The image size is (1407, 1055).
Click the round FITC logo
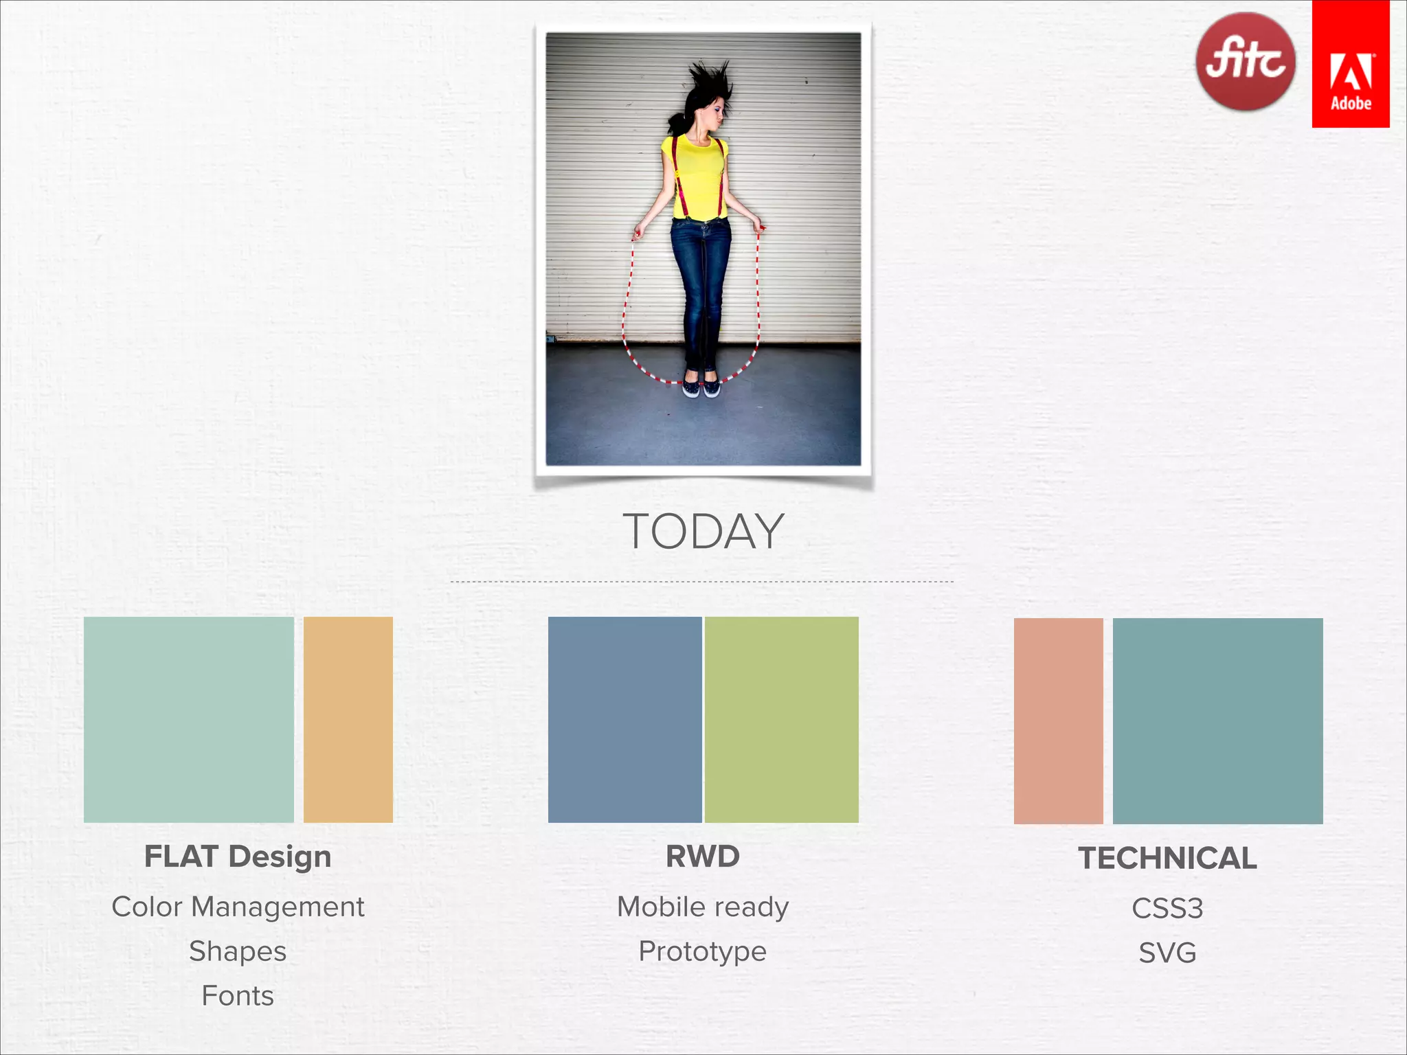[x=1245, y=62]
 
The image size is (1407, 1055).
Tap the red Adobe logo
[x=1351, y=64]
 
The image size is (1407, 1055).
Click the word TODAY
[x=703, y=532]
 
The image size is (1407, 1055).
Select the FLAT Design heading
[x=238, y=857]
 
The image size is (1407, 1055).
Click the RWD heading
[x=703, y=857]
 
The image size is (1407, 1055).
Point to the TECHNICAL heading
[x=1167, y=859]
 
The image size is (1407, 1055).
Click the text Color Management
[x=238, y=907]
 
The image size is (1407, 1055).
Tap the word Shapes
[x=238, y=951]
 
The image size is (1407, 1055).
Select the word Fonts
[x=238, y=996]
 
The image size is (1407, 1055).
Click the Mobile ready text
[x=703, y=907]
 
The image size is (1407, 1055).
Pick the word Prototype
[x=703, y=951]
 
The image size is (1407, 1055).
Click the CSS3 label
[x=1167, y=909]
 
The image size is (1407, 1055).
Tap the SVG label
[x=1167, y=953]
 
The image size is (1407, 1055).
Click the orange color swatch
[x=348, y=719]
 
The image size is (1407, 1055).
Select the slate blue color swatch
[x=624, y=719]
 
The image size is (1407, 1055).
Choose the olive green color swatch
[x=782, y=719]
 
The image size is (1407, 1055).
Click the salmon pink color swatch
[x=1058, y=721]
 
